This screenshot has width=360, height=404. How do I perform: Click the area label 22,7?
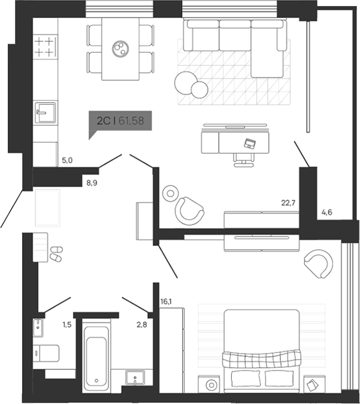click(x=289, y=203)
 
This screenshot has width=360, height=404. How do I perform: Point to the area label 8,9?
click(x=92, y=183)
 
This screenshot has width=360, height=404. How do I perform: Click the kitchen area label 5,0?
click(x=67, y=160)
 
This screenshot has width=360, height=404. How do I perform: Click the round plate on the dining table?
click(x=120, y=47)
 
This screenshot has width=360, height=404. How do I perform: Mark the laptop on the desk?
click(x=250, y=143)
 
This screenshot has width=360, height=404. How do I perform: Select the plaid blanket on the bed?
click(x=260, y=359)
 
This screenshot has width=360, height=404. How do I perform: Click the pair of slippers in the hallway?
click(x=55, y=254)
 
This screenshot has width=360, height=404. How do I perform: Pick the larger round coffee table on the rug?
click(x=185, y=81)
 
